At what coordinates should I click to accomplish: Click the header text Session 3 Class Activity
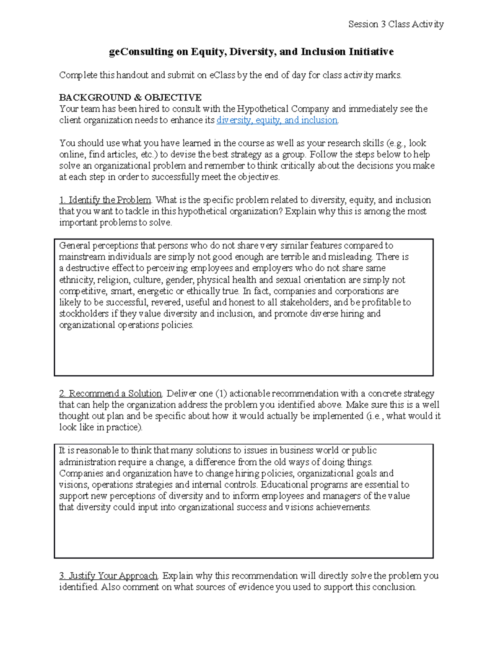click(x=396, y=24)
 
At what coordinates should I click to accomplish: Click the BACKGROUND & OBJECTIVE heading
click(x=130, y=98)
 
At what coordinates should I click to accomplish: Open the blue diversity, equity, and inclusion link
click(x=277, y=120)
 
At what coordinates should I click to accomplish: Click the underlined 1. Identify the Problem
click(x=105, y=200)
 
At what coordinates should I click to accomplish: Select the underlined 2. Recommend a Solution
click(x=111, y=394)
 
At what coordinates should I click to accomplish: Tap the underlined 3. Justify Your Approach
click(x=109, y=576)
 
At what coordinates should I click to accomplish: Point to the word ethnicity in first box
click(x=77, y=280)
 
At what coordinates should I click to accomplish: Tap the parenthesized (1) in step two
click(x=221, y=394)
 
